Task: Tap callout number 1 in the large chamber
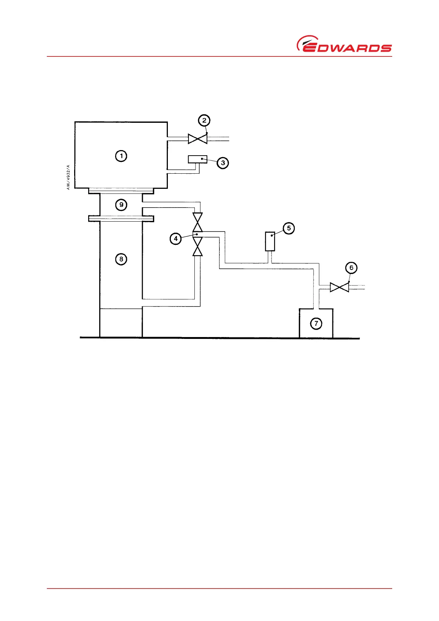(121, 156)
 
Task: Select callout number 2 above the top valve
(204, 120)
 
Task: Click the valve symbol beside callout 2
(197, 139)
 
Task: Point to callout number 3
(223, 163)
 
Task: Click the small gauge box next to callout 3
(197, 159)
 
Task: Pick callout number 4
(176, 239)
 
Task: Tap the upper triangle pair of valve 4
(198, 222)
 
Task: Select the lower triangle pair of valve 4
(198, 247)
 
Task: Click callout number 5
(288, 228)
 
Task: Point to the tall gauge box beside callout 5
(270, 242)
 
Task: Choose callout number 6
(351, 267)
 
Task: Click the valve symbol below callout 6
(339, 287)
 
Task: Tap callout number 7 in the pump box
(316, 323)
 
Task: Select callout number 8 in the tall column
(121, 259)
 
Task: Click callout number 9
(121, 205)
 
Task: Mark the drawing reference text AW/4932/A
(68, 177)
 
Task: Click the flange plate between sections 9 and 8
(121, 219)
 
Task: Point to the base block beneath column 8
(121, 323)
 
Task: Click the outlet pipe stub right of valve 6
(357, 287)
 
